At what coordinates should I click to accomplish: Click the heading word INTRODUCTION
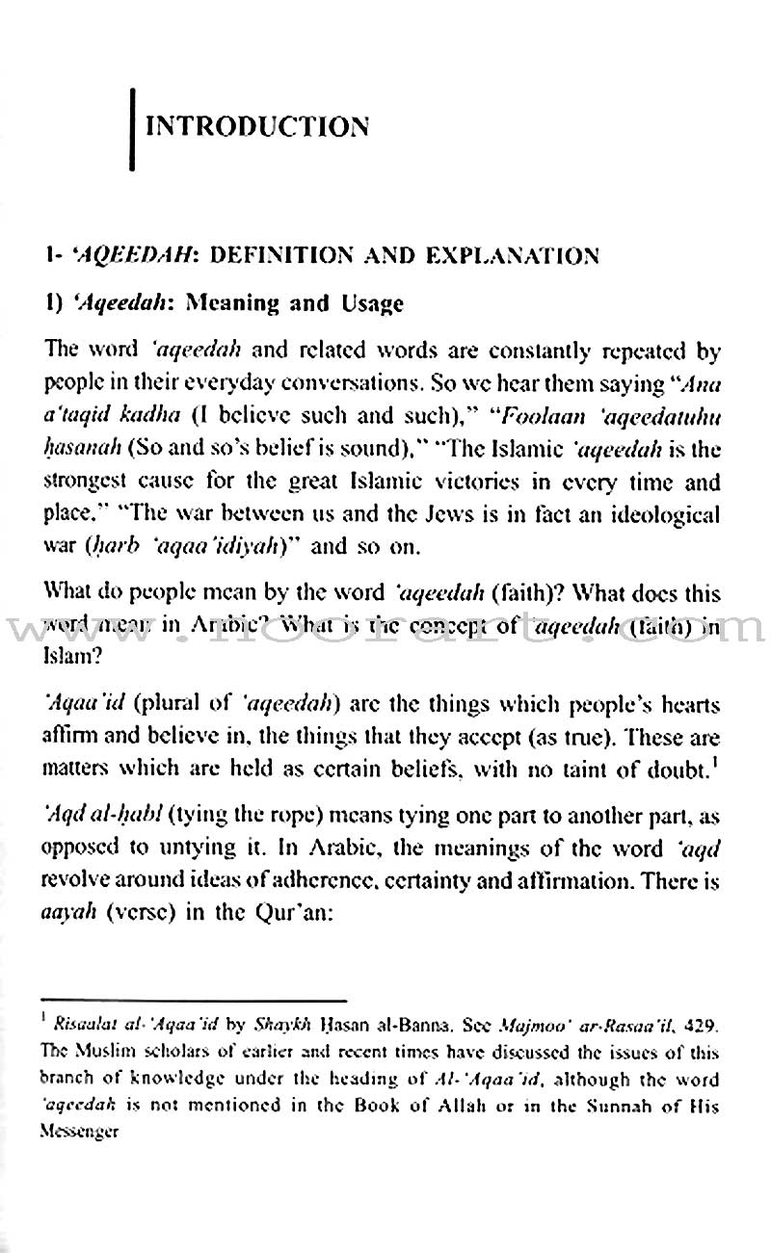pos(255,126)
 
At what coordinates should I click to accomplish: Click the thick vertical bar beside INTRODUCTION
pos(132,125)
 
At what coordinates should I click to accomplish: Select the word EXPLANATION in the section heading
pos(523,256)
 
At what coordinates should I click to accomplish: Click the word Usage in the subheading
pos(370,304)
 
